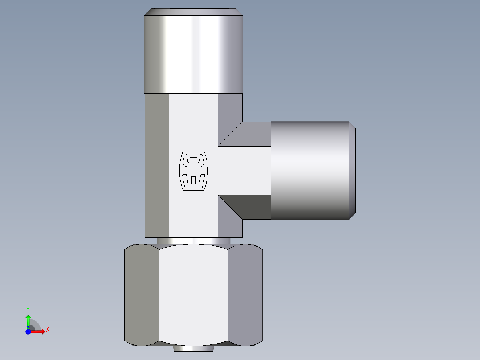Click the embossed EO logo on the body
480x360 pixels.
coord(193,171)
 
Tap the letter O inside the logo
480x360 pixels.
coord(194,160)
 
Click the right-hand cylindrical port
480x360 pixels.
coord(309,171)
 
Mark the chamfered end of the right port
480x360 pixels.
coord(352,171)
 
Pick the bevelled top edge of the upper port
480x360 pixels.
coord(193,12)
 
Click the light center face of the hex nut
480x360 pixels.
coord(193,294)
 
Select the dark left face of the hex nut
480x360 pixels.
coord(142,294)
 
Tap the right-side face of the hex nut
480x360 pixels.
coord(245,294)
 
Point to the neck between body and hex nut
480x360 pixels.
coord(193,241)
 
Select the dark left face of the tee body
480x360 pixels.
coord(157,165)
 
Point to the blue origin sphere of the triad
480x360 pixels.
coord(28,331)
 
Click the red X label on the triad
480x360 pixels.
coord(47,329)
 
